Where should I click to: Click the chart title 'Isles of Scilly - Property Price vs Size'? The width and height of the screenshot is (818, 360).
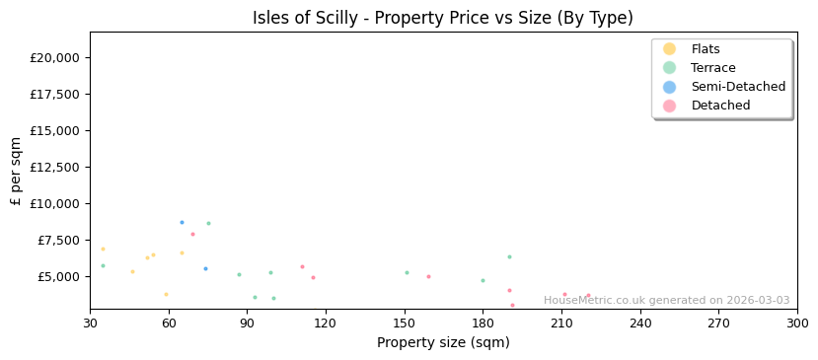point(443,18)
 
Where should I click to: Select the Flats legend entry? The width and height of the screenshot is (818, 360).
point(706,49)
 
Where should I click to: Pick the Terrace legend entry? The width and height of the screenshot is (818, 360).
point(712,68)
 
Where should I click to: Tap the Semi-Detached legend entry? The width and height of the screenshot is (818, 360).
point(738,87)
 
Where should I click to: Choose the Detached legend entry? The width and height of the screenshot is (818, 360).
point(720,106)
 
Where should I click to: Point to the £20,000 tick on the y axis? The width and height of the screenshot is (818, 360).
point(54,57)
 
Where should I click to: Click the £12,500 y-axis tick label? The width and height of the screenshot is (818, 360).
point(54,167)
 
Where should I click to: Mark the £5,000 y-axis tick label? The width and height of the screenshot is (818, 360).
point(58,276)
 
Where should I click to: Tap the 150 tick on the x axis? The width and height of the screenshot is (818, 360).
point(405,324)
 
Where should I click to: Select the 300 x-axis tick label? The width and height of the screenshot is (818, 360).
point(796,324)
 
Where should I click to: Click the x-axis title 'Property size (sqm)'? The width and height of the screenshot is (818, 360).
point(443,343)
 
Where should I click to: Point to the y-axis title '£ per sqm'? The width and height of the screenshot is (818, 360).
point(17,171)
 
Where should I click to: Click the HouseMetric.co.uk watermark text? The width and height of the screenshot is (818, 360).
point(666,301)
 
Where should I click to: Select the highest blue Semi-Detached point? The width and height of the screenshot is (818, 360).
point(182,222)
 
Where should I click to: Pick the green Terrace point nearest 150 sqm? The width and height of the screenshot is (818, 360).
point(407,273)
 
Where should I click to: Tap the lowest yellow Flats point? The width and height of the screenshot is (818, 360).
point(166,294)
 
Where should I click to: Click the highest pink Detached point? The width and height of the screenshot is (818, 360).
point(192,234)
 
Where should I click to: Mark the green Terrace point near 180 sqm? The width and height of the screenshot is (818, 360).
point(483,280)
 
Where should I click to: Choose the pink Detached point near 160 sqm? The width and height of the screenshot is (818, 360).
point(428,276)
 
